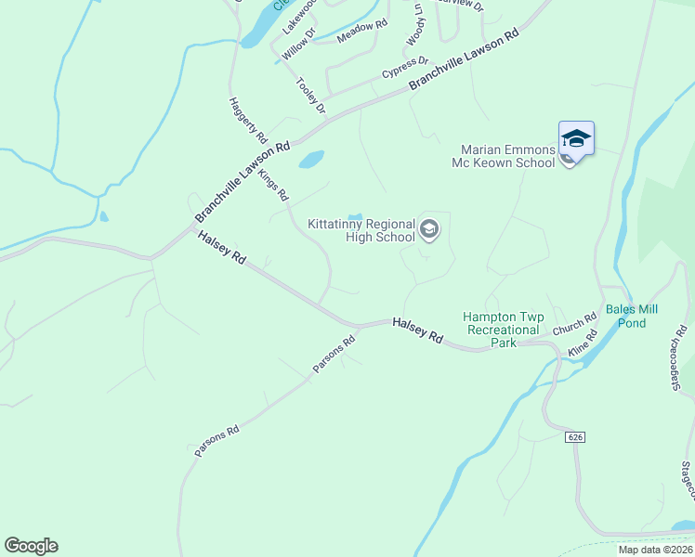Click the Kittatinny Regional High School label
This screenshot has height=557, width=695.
pos(362,230)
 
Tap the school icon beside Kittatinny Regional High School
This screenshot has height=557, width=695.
pos(428,228)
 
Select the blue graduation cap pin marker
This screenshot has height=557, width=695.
pos(576,139)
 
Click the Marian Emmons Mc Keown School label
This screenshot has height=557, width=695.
pos(508,156)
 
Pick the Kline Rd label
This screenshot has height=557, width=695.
pos(581,348)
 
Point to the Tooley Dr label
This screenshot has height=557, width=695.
pos(311,97)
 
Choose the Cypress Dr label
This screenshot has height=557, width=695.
pos(404,67)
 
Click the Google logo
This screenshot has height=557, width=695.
pos(31,546)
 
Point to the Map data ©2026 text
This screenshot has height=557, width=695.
pos(654,550)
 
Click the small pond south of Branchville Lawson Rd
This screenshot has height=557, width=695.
pos(310,160)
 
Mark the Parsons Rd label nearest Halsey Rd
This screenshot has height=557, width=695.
pos(334,354)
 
